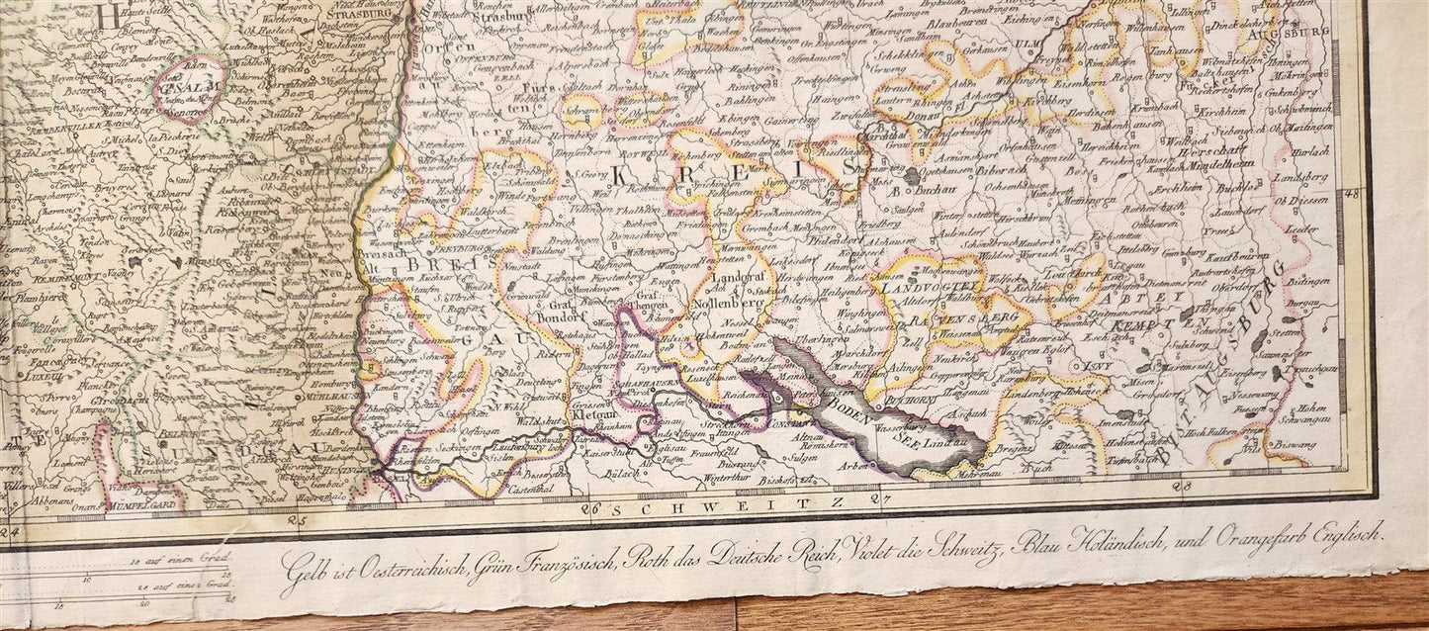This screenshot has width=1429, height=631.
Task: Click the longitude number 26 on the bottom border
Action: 592,510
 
